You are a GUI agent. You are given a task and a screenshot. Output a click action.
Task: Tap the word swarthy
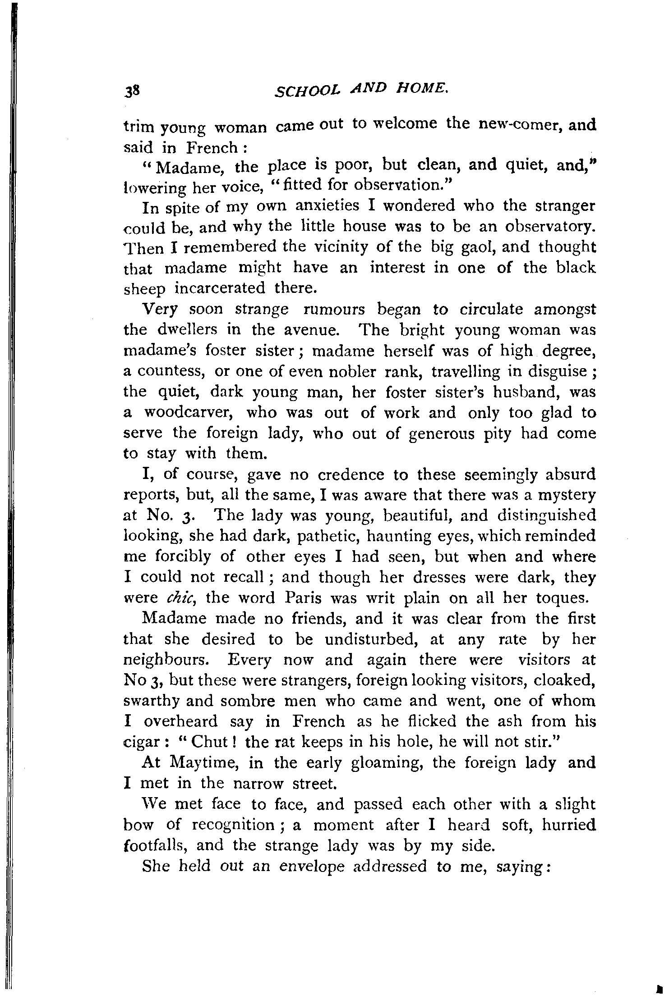pyautogui.click(x=151, y=702)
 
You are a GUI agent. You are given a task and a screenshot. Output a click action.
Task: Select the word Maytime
pyautogui.click(x=208, y=763)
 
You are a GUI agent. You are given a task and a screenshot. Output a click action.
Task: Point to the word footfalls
pyautogui.click(x=155, y=846)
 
